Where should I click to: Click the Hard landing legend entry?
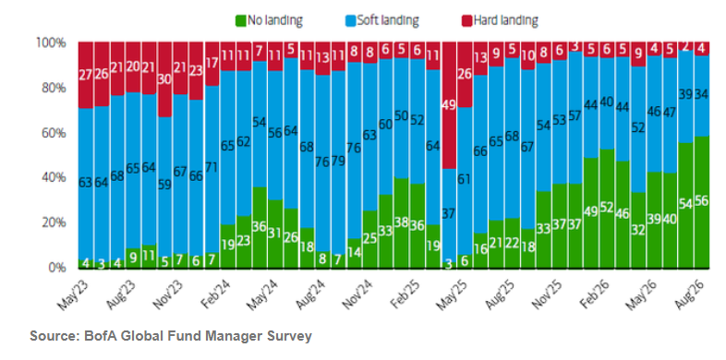(x=500, y=21)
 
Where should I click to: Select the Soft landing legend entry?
(x=382, y=21)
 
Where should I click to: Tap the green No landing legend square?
(x=241, y=21)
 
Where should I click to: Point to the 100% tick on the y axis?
(x=51, y=43)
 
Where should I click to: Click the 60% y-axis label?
(x=54, y=133)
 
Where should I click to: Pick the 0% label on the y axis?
(x=57, y=268)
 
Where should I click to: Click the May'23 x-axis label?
(x=73, y=296)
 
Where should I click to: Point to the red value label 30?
(x=165, y=79)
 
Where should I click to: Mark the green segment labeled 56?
(x=702, y=202)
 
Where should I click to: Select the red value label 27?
(x=86, y=75)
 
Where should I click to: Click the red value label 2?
(x=686, y=47)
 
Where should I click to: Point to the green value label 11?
(x=149, y=257)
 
